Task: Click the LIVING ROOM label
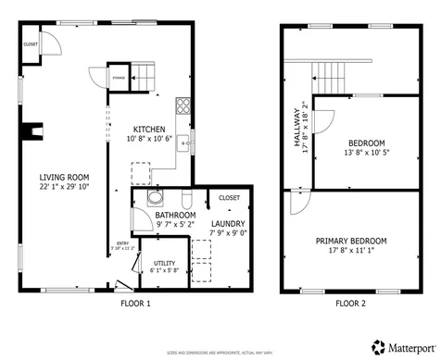[x=63, y=177]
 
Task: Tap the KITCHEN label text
[x=149, y=129]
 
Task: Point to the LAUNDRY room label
[x=226, y=224]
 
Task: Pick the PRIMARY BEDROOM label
[x=351, y=241]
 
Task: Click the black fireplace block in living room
[x=34, y=130]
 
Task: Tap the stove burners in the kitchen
[x=183, y=105]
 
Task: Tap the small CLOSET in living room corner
[x=31, y=44]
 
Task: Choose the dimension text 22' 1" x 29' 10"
[x=63, y=186]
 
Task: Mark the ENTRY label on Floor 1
[x=121, y=243]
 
